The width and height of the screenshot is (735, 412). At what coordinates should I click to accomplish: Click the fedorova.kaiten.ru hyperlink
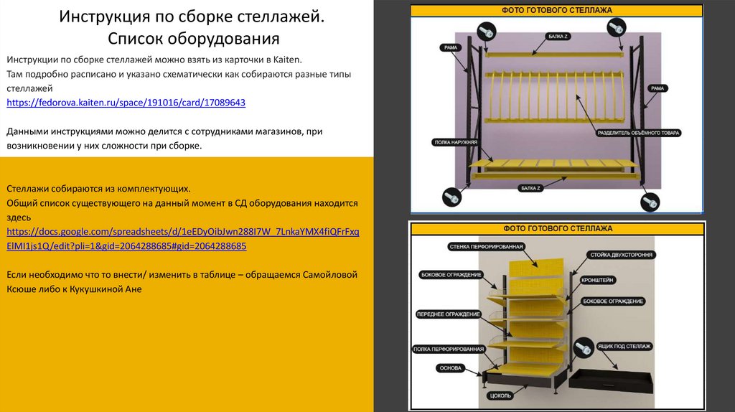[x=126, y=103]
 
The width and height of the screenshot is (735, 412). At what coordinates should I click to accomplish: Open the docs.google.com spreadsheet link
[x=183, y=238]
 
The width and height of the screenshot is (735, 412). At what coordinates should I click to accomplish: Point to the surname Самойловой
[x=330, y=275]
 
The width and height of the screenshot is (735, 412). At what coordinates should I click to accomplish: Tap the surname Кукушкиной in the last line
[x=96, y=289]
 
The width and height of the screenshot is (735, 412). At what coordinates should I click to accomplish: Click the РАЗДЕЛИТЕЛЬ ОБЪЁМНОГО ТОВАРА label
[x=638, y=133]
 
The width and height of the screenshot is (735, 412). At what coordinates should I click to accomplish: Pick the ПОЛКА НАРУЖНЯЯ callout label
[x=456, y=142]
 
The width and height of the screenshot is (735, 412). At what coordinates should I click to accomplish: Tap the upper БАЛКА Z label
[x=557, y=36]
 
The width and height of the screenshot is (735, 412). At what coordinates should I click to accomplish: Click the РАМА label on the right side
[x=657, y=88]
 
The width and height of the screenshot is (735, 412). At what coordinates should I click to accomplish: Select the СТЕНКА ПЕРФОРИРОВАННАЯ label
[x=486, y=246]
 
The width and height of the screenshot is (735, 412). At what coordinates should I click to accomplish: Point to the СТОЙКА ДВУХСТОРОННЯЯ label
[x=621, y=255]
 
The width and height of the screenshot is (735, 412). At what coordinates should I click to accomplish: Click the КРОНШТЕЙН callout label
[x=597, y=280]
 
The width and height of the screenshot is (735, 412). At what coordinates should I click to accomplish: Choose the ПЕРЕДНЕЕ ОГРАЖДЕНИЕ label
[x=448, y=314]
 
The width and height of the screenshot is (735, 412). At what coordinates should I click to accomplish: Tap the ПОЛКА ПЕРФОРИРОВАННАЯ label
[x=448, y=349]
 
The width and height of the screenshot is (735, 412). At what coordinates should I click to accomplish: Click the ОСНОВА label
[x=451, y=368]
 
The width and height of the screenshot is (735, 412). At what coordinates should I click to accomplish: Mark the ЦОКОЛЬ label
[x=500, y=395]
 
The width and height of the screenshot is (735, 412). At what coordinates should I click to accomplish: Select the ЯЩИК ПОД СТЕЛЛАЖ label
[x=624, y=347]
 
